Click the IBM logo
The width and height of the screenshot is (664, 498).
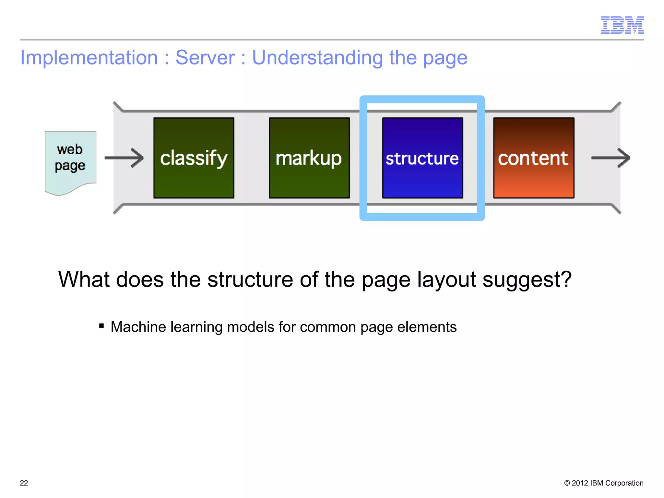tap(622, 25)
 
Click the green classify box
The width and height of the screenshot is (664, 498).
tap(194, 158)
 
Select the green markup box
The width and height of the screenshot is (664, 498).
tap(309, 158)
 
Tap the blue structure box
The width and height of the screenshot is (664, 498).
tap(422, 158)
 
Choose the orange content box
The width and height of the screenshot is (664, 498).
tap(534, 158)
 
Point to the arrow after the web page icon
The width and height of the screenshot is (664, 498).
tap(124, 158)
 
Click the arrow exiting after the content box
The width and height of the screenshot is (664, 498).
tap(611, 158)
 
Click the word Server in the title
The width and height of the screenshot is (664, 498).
tap(205, 58)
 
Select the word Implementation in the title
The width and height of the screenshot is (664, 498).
tap(89, 58)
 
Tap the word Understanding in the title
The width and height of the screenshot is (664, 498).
tap(317, 58)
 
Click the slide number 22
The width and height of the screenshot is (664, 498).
tap(24, 483)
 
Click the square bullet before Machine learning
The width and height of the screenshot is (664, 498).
tap(101, 326)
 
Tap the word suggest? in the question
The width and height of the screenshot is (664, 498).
tap(527, 279)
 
